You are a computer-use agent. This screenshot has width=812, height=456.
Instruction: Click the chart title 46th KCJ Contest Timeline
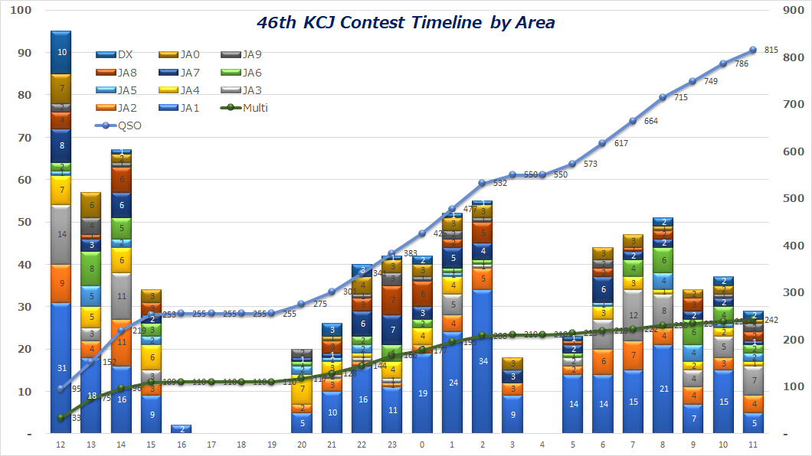tap(406, 22)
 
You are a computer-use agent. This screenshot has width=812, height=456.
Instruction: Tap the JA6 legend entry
tap(252, 73)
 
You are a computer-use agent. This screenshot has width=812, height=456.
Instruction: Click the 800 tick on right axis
tap(794, 57)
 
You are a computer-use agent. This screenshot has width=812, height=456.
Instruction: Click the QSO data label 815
tap(771, 50)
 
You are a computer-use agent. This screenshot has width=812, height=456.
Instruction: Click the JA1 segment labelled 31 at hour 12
tap(61, 368)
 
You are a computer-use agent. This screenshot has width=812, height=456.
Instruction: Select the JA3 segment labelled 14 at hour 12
tap(61, 234)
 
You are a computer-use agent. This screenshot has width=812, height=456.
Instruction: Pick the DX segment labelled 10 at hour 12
tap(61, 52)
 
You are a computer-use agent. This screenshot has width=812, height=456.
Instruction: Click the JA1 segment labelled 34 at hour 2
tap(483, 361)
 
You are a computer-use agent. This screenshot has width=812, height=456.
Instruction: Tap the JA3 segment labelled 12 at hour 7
tap(633, 314)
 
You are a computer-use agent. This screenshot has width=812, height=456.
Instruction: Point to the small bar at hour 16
tap(181, 428)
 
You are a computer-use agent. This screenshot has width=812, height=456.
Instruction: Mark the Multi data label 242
tap(771, 320)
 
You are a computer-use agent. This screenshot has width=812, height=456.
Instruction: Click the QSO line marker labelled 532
tap(483, 183)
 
